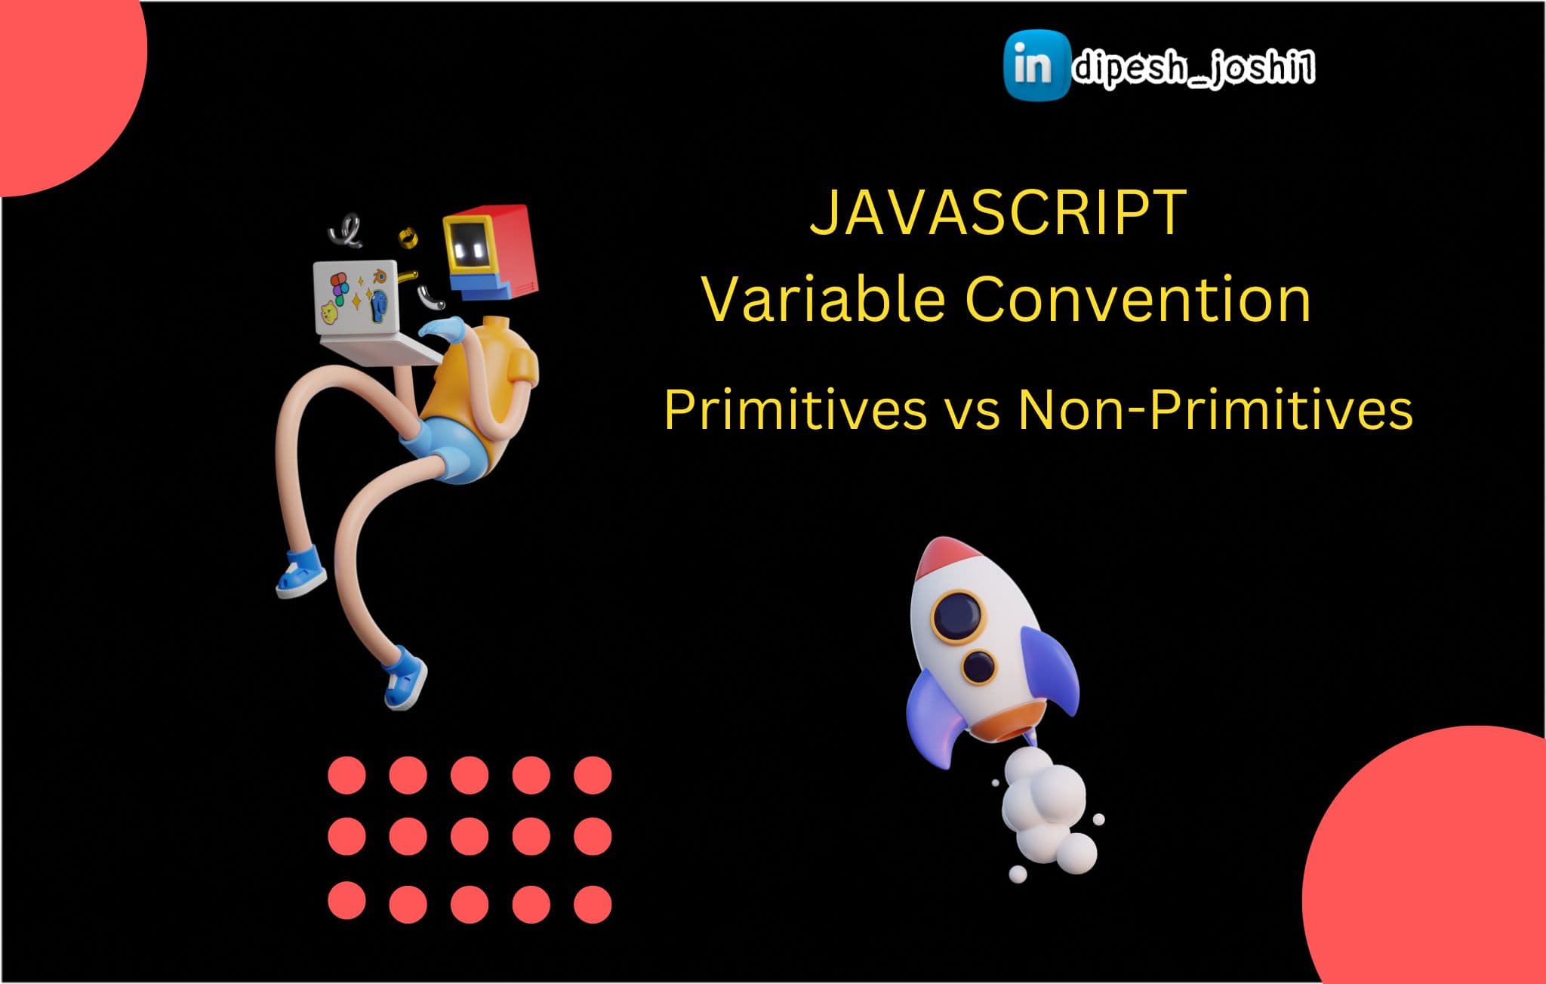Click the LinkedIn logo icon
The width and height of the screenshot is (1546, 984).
(1036, 65)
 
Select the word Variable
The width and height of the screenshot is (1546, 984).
(824, 299)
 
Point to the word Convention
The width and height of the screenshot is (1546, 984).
(1138, 300)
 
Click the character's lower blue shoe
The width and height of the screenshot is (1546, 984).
(405, 676)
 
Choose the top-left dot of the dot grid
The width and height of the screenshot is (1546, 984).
(347, 775)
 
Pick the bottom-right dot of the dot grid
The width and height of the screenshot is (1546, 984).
(593, 903)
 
